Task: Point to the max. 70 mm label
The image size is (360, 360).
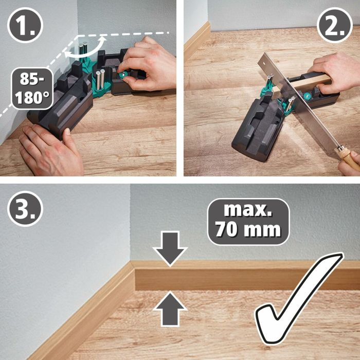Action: coord(248,221)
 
